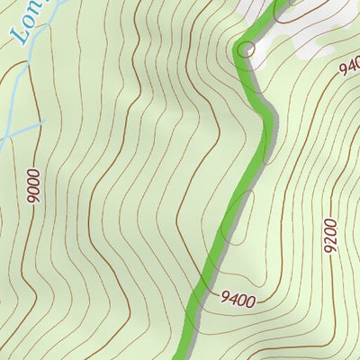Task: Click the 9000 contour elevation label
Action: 34,187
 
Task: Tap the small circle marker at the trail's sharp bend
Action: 246,49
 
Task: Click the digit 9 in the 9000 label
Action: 34,201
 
